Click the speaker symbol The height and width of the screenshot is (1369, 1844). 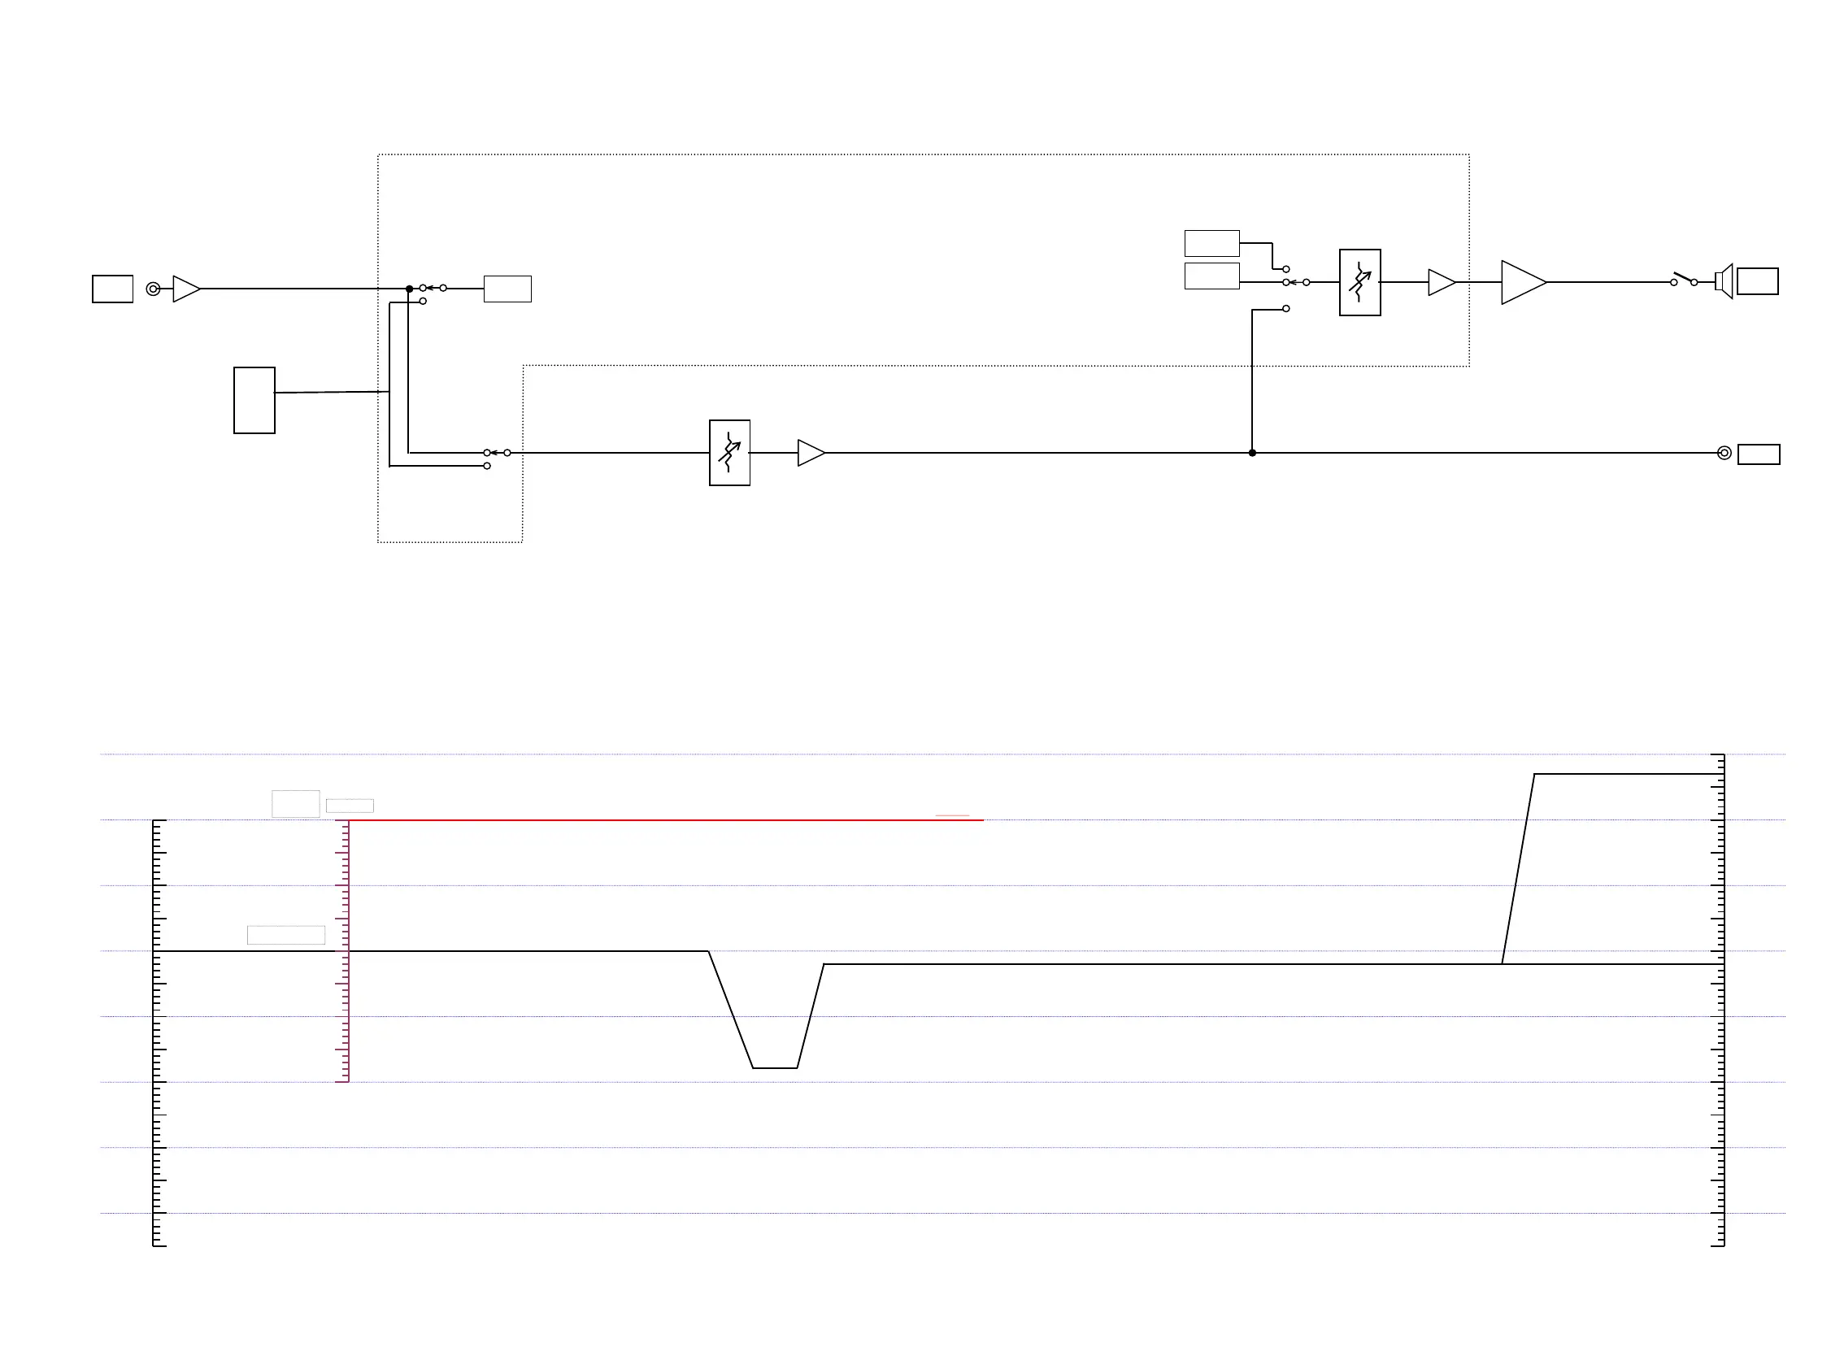point(1723,282)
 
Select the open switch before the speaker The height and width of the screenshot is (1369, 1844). point(1683,280)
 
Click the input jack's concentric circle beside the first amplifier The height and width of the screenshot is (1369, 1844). point(153,289)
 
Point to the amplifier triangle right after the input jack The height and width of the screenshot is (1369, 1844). point(185,289)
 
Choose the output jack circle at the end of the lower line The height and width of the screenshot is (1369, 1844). point(1724,454)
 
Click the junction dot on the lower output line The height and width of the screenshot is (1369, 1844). point(1251,454)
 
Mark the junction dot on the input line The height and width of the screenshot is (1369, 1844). point(409,289)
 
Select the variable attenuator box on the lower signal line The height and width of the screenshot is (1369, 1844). point(729,454)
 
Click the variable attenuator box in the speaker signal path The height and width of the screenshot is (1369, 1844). point(1359,283)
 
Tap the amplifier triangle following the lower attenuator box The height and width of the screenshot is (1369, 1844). point(810,454)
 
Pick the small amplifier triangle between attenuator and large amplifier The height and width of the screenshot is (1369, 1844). point(1441,283)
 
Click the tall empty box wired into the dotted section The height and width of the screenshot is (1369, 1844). point(254,400)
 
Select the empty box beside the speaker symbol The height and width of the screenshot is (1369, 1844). point(1757,282)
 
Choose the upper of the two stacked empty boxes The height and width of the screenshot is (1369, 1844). point(1211,244)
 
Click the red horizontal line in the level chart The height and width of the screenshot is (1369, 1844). point(663,820)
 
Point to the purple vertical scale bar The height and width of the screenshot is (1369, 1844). point(349,953)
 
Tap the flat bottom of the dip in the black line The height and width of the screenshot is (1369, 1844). point(774,1068)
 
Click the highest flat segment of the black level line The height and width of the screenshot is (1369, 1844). point(1624,775)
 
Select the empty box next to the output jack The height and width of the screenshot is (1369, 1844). point(1758,454)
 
